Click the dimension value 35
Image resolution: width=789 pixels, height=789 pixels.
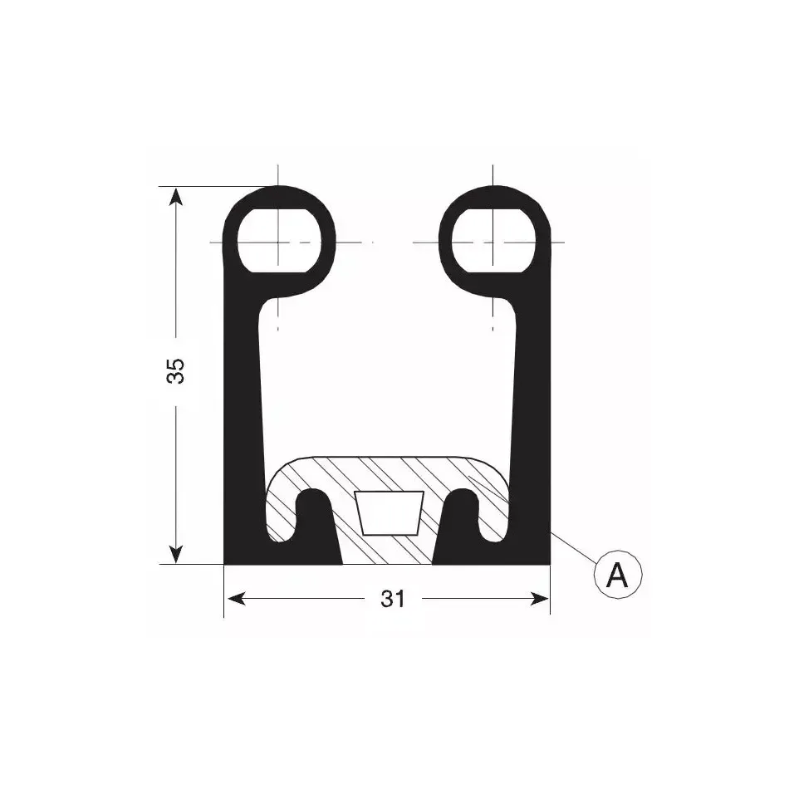[175, 371]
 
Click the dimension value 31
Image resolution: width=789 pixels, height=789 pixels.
[393, 598]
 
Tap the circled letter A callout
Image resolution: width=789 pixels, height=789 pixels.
[617, 574]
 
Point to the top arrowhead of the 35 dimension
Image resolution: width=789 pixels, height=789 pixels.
[175, 196]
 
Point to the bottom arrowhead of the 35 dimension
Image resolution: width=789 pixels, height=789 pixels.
[175, 554]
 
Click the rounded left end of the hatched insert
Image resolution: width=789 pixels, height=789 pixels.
[278, 498]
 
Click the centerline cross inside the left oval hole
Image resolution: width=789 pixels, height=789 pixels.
[278, 243]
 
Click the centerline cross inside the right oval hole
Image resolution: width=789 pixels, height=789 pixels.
[493, 243]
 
